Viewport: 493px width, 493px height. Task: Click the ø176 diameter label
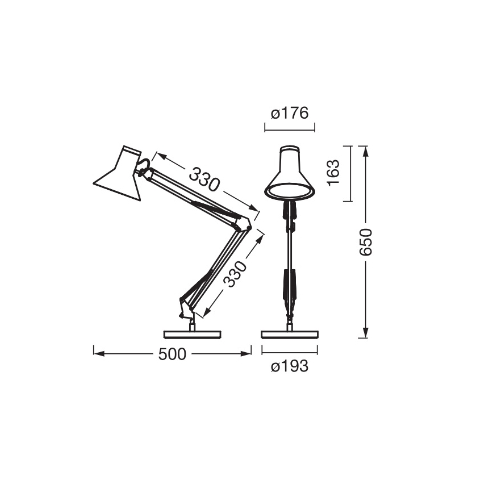[x=289, y=114]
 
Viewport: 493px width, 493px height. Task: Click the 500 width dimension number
[x=172, y=354]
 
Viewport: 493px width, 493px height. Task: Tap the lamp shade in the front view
[x=290, y=173]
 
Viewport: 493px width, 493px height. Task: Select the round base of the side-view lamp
[x=191, y=334]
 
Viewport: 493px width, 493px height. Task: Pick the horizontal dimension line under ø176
[x=290, y=130]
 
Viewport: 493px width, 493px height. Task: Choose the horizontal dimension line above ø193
[x=289, y=352]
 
